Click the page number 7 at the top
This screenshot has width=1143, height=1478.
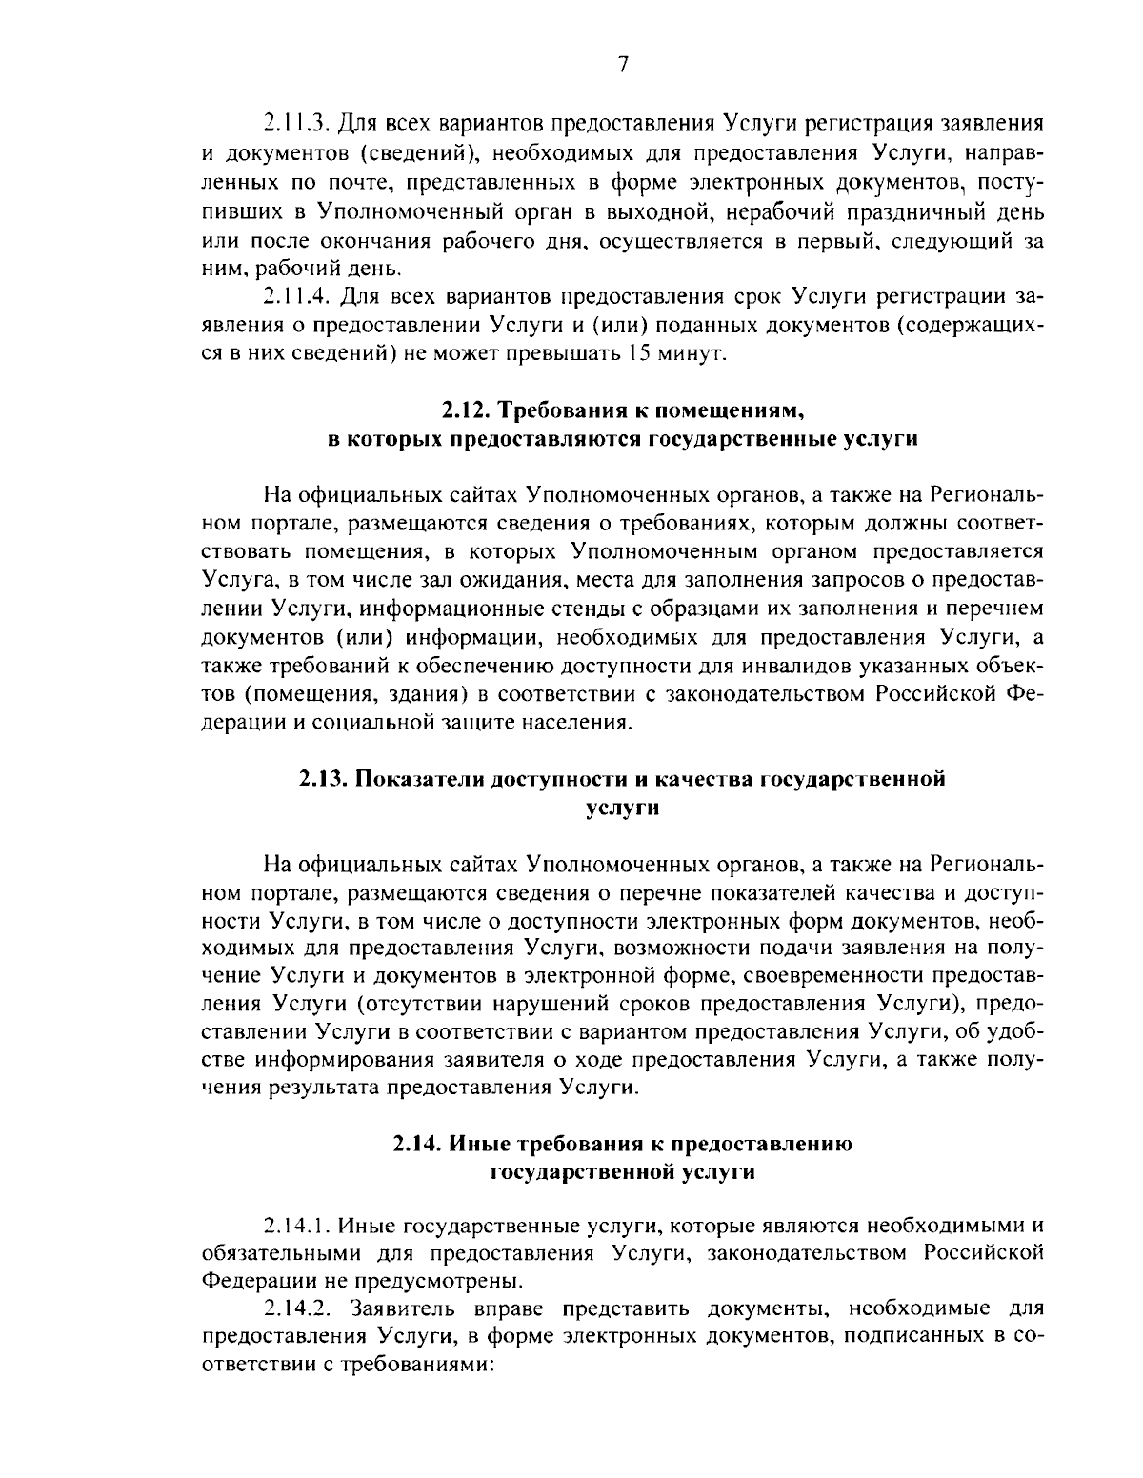622,65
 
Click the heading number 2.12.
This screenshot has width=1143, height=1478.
463,411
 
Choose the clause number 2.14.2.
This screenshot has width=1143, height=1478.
296,1308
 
